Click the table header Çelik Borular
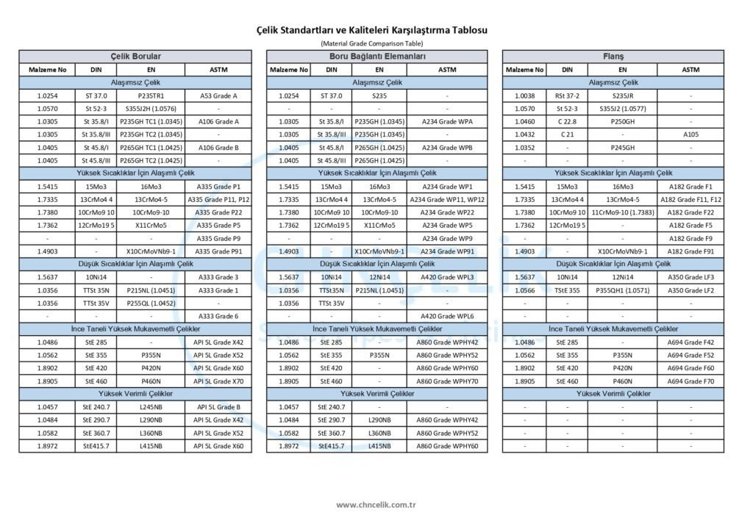pos(135,57)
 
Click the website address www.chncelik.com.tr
pos(376,505)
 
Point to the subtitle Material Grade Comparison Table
pos(376,43)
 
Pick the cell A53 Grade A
pos(218,96)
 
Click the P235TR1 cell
pos(151,96)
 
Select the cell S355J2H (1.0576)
pos(151,109)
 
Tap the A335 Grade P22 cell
pos(218,212)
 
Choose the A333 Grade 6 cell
pos(218,316)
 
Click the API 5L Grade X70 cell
pos(218,381)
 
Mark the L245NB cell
pos(151,406)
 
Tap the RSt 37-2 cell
pos(567,96)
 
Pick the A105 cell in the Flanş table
pos(690,134)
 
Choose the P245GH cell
pos(622,148)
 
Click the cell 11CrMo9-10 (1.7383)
pos(622,212)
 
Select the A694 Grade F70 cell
pos(690,381)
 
